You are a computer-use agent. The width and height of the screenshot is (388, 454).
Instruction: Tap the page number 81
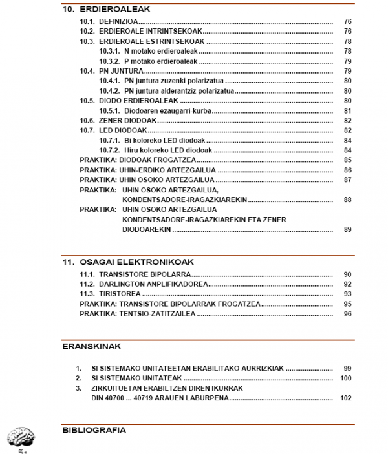pyautogui.click(x=347, y=110)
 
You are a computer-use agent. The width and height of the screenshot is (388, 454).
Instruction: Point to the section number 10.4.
pyautogui.click(x=87, y=70)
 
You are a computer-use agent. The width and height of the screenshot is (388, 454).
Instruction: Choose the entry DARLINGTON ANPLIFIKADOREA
pyautogui.click(x=153, y=284)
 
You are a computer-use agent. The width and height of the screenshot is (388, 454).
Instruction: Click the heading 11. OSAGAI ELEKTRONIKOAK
pyautogui.click(x=128, y=262)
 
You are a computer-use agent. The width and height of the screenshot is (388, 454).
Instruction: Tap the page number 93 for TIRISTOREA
pyautogui.click(x=347, y=294)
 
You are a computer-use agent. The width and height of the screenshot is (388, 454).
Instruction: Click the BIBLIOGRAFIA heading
pyautogui.click(x=94, y=429)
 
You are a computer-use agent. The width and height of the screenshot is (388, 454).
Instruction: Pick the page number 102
pyautogui.click(x=345, y=398)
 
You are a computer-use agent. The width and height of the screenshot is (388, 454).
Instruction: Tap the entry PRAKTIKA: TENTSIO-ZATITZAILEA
pyautogui.click(x=137, y=314)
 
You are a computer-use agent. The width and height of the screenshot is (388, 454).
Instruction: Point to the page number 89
pyautogui.click(x=347, y=229)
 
